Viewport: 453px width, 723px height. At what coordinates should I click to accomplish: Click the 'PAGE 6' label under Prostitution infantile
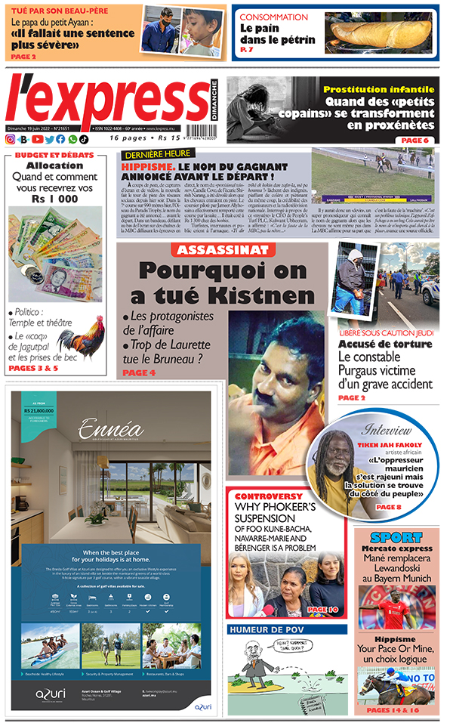tap(414, 141)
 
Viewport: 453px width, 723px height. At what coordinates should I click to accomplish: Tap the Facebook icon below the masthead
tap(60, 139)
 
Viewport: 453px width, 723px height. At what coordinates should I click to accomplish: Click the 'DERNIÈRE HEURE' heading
tap(155, 153)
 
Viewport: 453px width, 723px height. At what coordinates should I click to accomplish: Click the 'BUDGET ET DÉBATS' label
tap(56, 155)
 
